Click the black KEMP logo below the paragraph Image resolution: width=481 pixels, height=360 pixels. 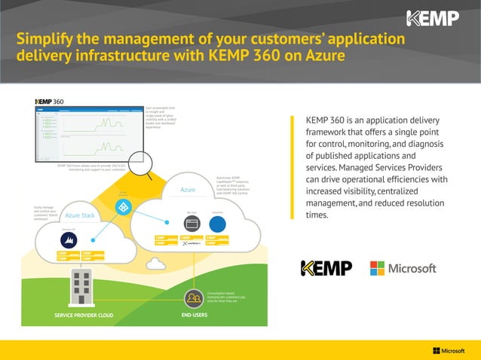[326, 268]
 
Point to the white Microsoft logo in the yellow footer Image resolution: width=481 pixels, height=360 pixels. [449, 350]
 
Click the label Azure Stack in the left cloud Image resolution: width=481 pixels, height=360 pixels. [80, 215]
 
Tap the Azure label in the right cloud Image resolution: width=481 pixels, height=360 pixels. [187, 190]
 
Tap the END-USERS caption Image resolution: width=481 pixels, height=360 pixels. [195, 315]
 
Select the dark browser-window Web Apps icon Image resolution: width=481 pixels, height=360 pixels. [191, 224]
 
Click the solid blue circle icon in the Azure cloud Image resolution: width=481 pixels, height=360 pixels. [217, 224]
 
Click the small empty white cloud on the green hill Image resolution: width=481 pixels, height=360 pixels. [156, 264]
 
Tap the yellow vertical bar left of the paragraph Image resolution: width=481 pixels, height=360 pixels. [290, 169]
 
